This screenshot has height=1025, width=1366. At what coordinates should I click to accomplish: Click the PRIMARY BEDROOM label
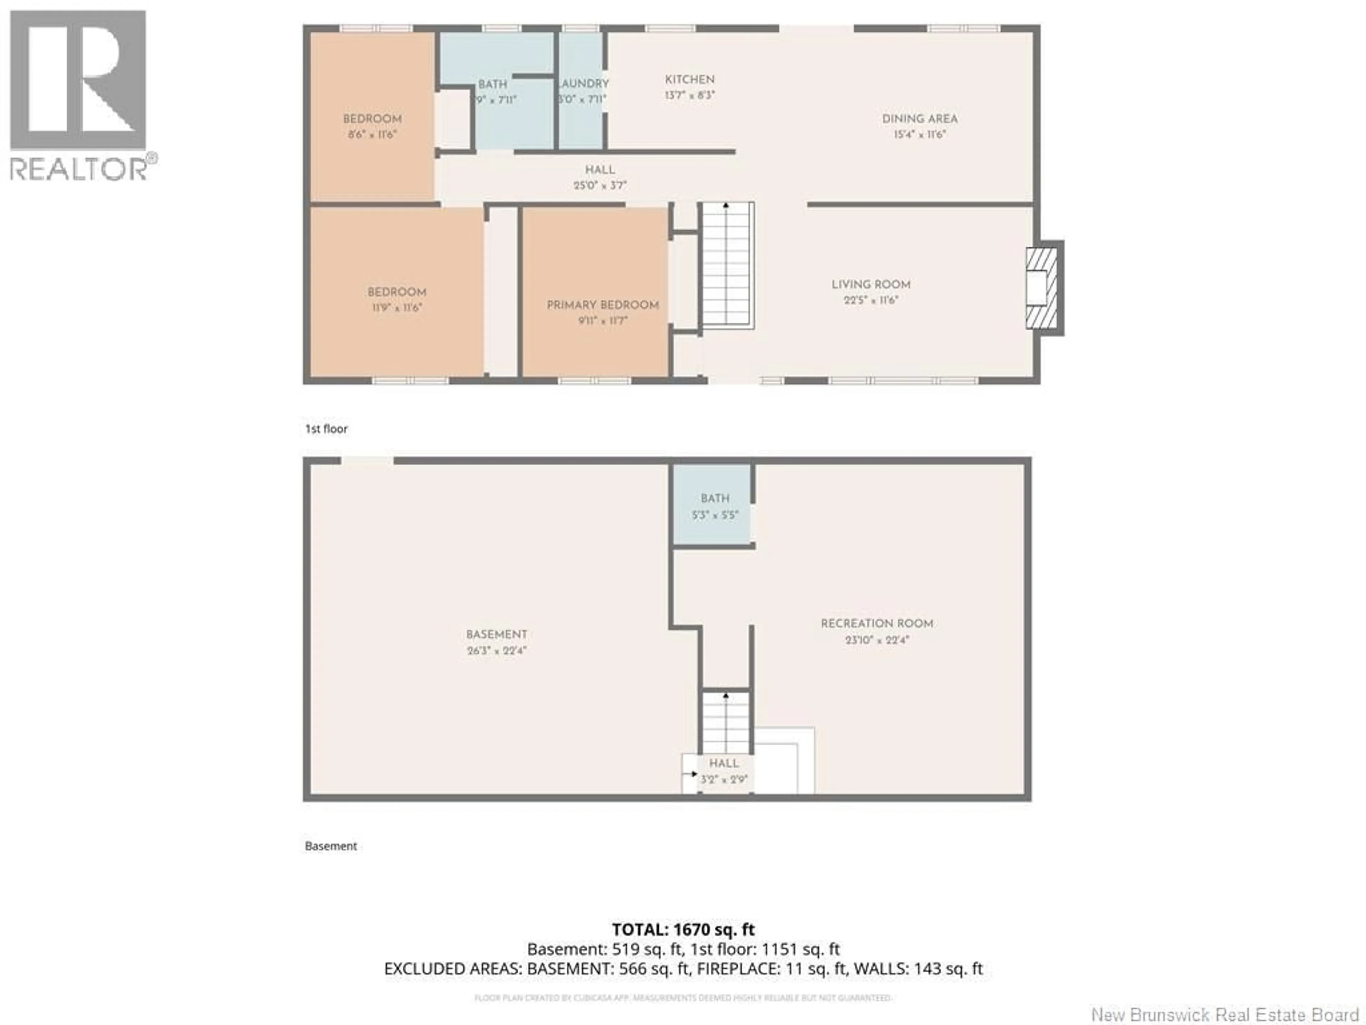(602, 305)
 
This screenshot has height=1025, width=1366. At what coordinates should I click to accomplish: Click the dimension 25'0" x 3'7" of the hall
(600, 185)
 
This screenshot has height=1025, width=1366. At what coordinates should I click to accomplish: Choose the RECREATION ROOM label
(876, 624)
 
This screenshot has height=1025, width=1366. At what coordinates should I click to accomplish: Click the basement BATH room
(713, 505)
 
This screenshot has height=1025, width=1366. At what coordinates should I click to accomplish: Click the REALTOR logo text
(79, 169)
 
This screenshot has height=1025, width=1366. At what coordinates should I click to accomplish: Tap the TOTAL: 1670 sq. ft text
(683, 929)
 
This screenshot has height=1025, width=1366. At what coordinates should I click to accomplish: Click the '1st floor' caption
(326, 429)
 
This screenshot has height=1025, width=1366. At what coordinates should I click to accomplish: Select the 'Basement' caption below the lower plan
(330, 846)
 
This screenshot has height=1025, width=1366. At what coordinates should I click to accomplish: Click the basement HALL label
(723, 763)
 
